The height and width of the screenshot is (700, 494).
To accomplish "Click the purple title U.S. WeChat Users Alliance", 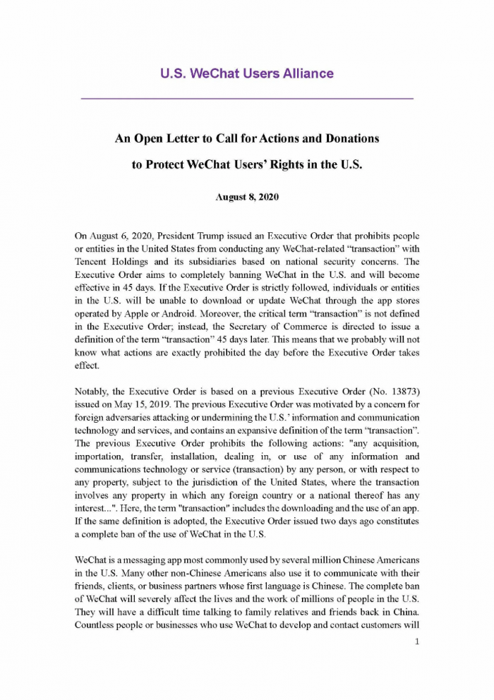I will coord(246,73).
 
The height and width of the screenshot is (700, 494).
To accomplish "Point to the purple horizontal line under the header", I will coord(246,97).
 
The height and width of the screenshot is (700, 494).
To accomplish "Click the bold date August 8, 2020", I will coord(246,197).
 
